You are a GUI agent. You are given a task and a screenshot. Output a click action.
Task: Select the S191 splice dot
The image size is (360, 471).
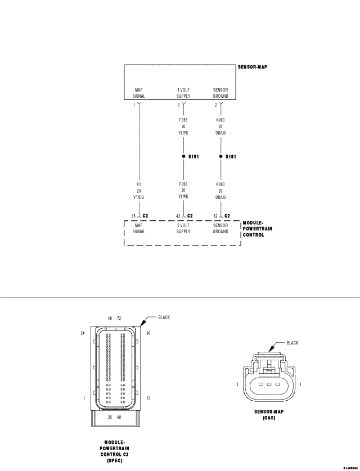183,157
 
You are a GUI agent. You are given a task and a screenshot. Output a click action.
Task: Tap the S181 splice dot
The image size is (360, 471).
220,157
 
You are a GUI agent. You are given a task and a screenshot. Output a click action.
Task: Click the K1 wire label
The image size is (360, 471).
139,184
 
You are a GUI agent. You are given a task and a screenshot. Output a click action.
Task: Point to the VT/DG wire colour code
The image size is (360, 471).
139,198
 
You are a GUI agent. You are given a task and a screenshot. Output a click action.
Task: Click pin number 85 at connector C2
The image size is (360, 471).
134,216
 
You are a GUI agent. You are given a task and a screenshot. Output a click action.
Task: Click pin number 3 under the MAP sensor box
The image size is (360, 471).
179,105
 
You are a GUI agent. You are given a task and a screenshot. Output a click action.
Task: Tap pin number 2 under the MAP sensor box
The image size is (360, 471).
216,105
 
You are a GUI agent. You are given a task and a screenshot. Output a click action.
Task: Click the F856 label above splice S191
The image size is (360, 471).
183,120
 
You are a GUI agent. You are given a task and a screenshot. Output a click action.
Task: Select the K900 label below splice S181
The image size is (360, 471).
220,184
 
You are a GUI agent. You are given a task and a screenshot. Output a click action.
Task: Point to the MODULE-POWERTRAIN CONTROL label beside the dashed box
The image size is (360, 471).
253,229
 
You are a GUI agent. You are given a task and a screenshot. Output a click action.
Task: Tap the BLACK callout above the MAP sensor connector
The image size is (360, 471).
292,342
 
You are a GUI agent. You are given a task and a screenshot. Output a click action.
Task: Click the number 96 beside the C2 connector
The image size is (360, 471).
148,333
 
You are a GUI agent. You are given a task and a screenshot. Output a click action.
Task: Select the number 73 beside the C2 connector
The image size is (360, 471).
148,398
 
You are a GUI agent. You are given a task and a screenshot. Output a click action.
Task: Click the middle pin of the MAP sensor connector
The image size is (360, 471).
269,384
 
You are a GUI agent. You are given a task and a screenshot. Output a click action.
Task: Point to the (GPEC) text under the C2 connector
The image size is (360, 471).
114,460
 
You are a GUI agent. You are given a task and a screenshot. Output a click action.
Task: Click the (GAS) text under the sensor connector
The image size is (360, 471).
268,418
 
